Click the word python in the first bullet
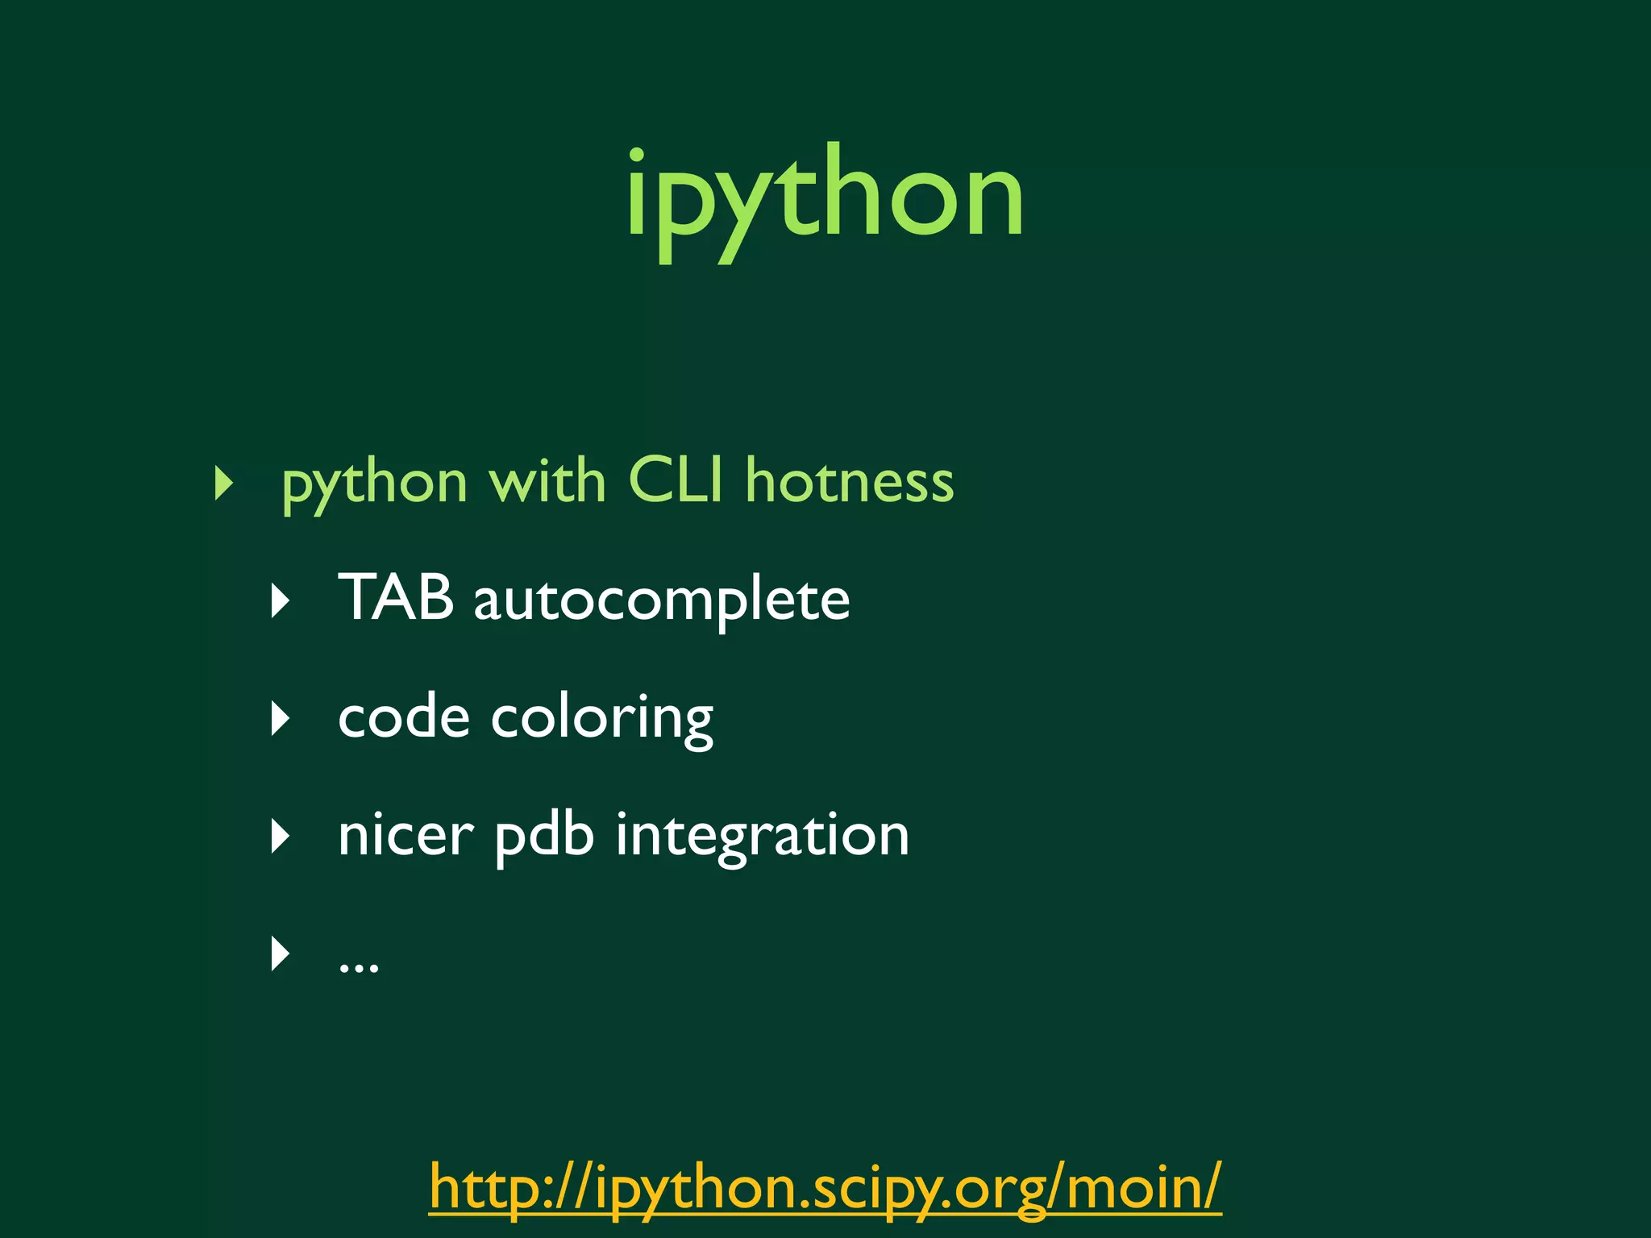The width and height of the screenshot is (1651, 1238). [x=375, y=484]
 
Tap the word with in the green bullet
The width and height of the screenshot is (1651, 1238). [x=547, y=481]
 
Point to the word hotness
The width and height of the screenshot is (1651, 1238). [x=850, y=481]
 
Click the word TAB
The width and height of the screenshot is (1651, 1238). [x=396, y=597]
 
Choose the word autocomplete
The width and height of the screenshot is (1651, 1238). [x=662, y=600]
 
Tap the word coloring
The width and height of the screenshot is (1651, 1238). [x=602, y=719]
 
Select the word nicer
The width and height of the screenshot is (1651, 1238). [x=405, y=836]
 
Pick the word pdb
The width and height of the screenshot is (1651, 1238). [x=545, y=836]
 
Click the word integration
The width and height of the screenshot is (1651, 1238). [x=763, y=836]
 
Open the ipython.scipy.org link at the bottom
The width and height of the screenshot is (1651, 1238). [x=825, y=1187]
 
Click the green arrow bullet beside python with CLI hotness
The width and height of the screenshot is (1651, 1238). [x=224, y=483]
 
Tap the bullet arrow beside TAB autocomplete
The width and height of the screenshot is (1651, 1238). [x=281, y=600]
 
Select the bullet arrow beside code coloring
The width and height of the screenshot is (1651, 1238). [x=281, y=718]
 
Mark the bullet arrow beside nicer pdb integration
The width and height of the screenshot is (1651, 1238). [x=281, y=837]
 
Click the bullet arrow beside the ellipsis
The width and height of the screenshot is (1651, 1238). [x=281, y=954]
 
